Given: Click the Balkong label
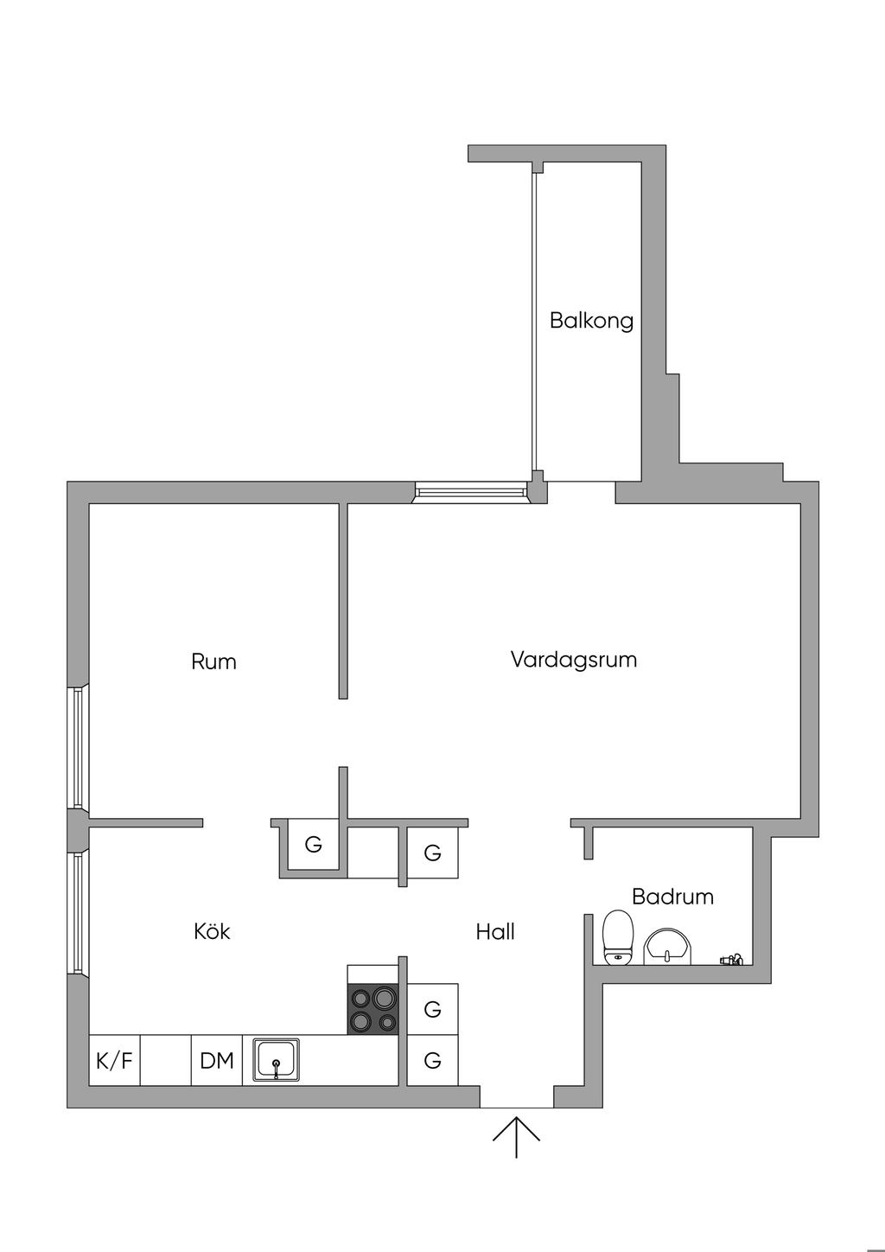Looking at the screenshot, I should [591, 321].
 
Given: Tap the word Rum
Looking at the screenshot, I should [213, 662].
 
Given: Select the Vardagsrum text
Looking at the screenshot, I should [574, 660].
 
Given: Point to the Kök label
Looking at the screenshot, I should [212, 931].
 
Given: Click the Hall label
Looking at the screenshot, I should [495, 931].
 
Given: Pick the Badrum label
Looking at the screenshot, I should [672, 897].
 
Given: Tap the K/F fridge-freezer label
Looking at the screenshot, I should [114, 1060].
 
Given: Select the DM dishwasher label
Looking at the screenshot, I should [217, 1060].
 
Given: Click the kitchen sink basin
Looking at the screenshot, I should [276, 1059].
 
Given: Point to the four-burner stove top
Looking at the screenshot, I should [372, 1010].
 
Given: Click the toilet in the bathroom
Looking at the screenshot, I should [618, 937].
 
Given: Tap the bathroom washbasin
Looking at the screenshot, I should [668, 947].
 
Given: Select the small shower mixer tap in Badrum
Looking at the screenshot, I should [731, 958].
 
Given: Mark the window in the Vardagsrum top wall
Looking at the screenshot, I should [471, 493].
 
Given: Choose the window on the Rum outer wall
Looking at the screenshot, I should [78, 748].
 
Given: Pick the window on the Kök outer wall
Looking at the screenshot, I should [78, 912].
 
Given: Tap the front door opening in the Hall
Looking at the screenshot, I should [516, 1097].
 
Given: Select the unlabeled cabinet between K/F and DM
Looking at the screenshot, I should [165, 1060].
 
